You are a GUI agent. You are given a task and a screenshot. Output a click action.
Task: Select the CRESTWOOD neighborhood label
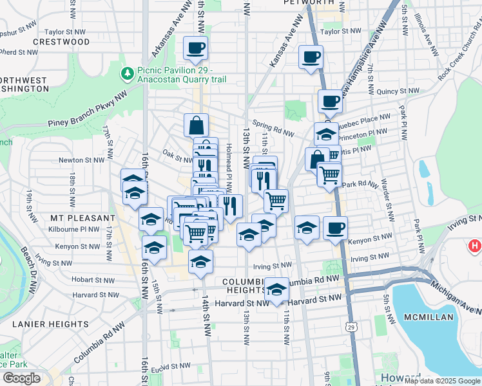coord(62,42)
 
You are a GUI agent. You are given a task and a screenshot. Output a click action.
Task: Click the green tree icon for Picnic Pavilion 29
coord(126,75)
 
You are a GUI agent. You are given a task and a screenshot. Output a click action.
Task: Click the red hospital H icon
coord(475,246)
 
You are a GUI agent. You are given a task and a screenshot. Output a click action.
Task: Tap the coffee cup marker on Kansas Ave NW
coord(311,57)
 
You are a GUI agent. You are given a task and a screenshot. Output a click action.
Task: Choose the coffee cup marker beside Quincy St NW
coord(330,101)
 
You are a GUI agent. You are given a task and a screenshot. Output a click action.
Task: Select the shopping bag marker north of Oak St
coord(196,124)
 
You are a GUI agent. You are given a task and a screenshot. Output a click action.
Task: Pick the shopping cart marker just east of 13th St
coord(276,200)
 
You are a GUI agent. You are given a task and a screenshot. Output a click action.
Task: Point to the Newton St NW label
coord(81,160)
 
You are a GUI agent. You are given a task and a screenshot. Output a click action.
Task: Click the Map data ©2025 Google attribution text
coord(441,381)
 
